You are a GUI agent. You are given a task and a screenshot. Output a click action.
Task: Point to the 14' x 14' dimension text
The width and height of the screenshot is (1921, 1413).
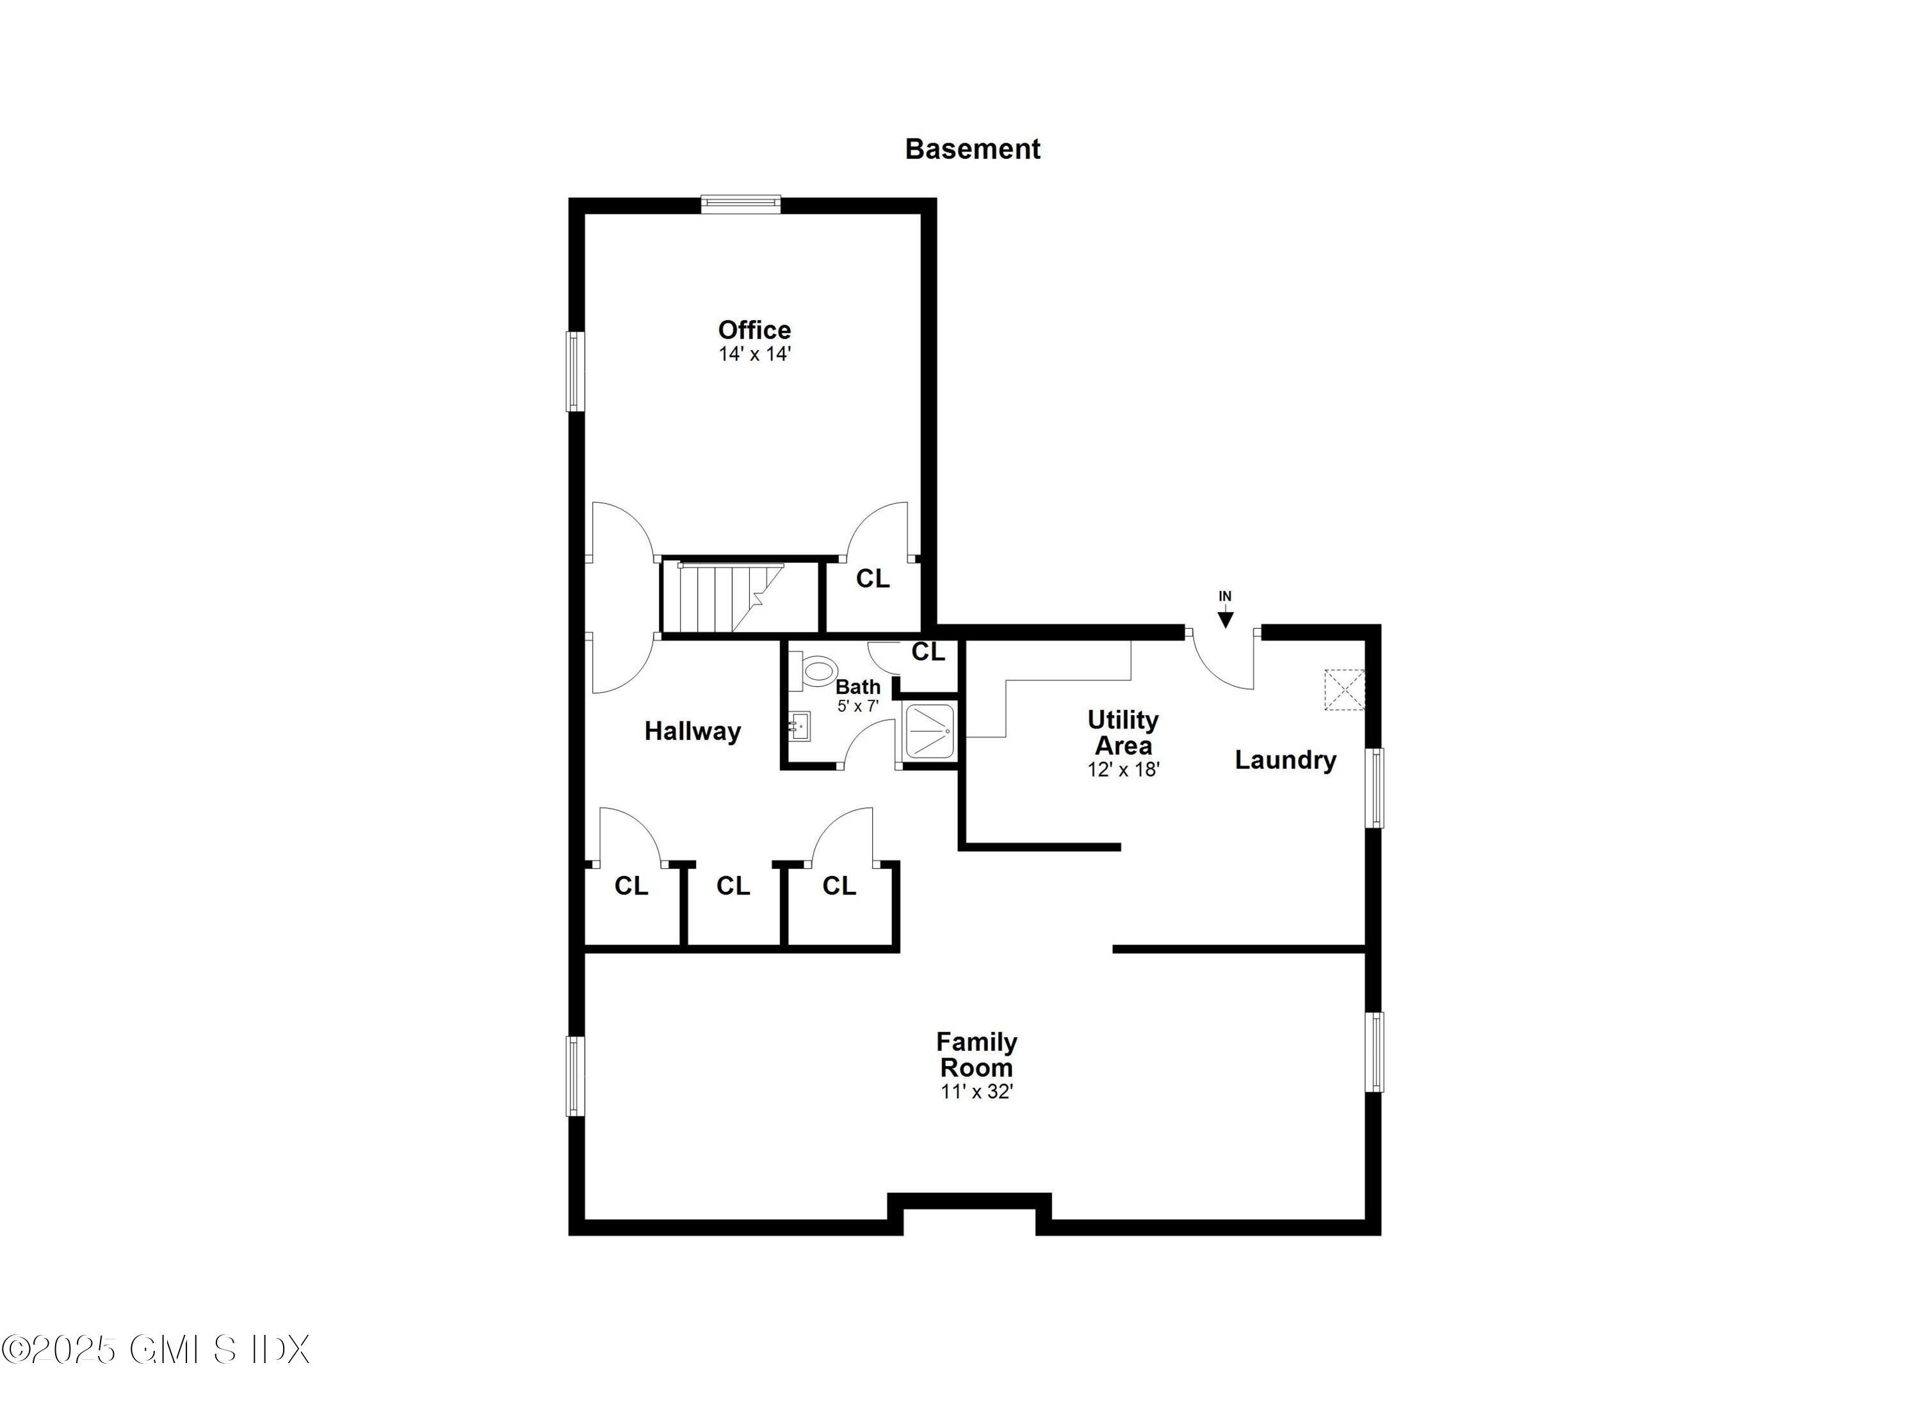(x=754, y=354)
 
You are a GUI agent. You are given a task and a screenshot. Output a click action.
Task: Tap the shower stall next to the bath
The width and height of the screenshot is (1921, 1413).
(x=930, y=730)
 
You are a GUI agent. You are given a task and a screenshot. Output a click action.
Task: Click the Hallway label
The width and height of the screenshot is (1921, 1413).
(x=692, y=731)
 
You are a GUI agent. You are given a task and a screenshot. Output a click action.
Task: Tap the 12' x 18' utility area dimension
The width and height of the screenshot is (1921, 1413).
(x=1122, y=770)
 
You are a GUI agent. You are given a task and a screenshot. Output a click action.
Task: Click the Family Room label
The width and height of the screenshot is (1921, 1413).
(x=976, y=1054)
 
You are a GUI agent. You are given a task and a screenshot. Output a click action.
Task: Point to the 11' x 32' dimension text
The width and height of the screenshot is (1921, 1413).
(x=976, y=1092)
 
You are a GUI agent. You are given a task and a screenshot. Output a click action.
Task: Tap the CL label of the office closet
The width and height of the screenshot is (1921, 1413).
(x=872, y=579)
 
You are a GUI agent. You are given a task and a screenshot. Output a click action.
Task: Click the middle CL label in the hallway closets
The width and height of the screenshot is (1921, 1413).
(x=732, y=886)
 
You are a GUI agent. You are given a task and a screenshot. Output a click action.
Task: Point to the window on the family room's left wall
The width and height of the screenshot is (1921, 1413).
(x=576, y=1076)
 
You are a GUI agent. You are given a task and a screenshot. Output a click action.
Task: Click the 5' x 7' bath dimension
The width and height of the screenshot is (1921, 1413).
(x=857, y=707)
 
